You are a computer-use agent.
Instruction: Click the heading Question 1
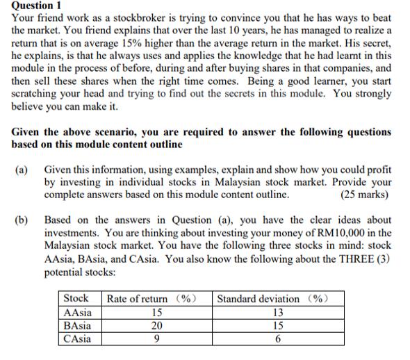click(37, 6)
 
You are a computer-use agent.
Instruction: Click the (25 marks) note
click(364, 194)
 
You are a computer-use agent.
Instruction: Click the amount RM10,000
click(354, 233)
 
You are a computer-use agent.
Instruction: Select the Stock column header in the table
click(76, 299)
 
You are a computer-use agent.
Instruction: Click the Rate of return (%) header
click(150, 299)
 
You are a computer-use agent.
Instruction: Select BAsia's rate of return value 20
click(156, 325)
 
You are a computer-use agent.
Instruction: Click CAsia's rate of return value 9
click(156, 338)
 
